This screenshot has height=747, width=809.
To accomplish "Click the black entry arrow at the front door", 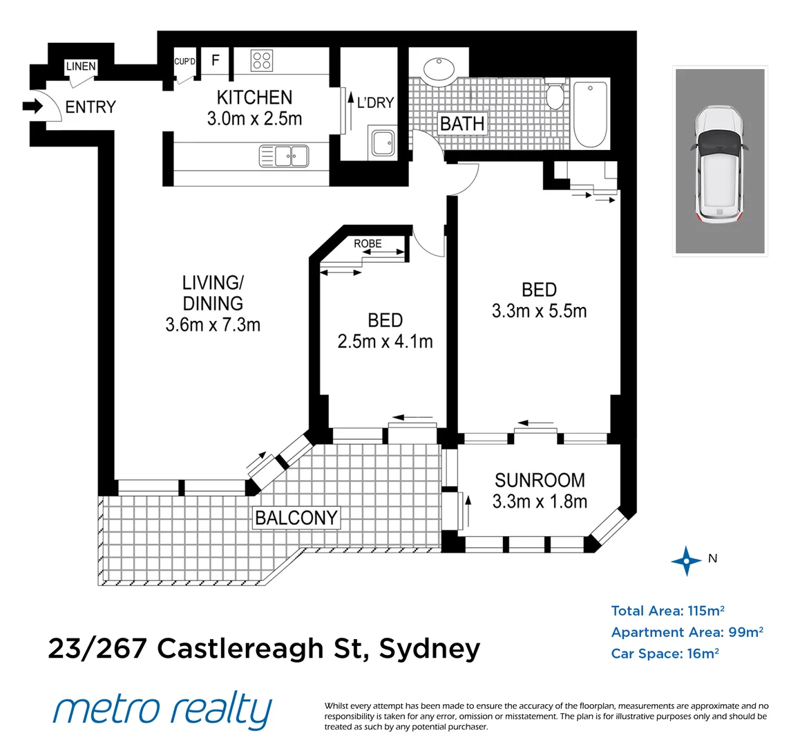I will click(32, 107).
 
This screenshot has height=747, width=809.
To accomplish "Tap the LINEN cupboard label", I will click(81, 66).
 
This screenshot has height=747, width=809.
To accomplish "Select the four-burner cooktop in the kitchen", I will click(261, 60).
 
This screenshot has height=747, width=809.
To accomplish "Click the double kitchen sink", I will click(283, 156).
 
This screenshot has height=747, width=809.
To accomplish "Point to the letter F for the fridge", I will click(216, 60).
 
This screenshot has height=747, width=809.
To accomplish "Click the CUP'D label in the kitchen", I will click(184, 62).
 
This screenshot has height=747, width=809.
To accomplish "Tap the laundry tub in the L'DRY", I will click(382, 143).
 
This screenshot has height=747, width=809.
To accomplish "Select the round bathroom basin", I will click(439, 69).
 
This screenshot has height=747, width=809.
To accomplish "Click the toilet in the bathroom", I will click(555, 95).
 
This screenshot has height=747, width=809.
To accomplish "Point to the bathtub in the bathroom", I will click(591, 113).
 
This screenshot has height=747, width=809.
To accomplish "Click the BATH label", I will click(462, 124).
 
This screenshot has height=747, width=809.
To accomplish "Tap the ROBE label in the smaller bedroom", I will click(368, 243).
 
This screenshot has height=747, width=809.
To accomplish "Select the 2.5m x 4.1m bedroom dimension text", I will click(385, 341).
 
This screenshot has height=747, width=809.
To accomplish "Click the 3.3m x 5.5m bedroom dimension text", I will click(539, 311).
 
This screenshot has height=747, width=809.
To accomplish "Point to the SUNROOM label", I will click(540, 480).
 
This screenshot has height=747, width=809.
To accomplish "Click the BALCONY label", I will click(296, 517).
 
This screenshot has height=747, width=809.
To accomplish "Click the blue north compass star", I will click(686, 560).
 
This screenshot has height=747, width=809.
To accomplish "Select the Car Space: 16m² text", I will click(665, 654).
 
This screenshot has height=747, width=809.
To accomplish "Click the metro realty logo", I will click(163, 710).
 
